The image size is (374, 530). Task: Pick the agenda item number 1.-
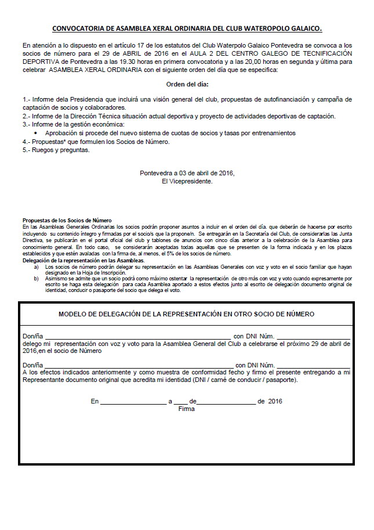pyautogui.click(x=27, y=100)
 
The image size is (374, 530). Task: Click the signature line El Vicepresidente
pyautogui.click(x=187, y=181)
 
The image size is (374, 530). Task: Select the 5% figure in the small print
pyautogui.click(x=175, y=253)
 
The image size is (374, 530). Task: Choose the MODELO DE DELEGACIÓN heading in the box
pyautogui.click(x=187, y=314)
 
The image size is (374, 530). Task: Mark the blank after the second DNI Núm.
pyautogui.click(x=313, y=364)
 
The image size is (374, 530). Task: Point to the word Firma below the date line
pyautogui.click(x=187, y=409)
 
